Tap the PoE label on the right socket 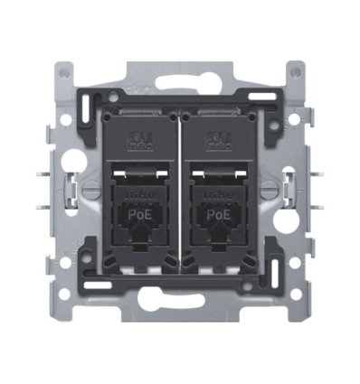point(216,215)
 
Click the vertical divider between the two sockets point(180,194)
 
